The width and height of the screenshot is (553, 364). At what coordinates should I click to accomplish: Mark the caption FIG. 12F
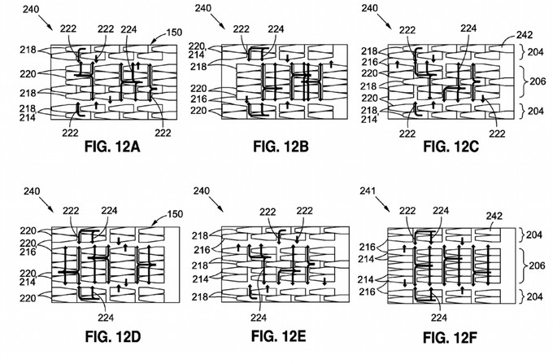click(456, 336)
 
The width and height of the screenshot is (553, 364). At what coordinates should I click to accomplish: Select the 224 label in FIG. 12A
click(128, 29)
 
